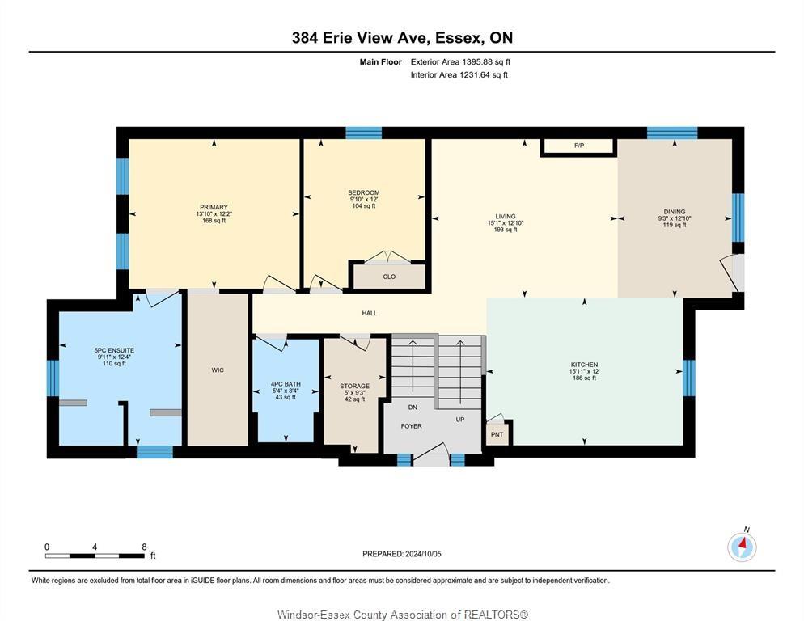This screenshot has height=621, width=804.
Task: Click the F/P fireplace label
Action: tap(579, 146)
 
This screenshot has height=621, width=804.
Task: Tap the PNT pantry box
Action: tap(497, 434)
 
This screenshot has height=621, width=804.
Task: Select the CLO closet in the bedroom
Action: tap(389, 277)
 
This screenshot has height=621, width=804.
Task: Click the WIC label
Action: tap(218, 370)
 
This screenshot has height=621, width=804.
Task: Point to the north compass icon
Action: tap(742, 547)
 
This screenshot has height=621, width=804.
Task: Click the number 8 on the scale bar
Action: tap(145, 547)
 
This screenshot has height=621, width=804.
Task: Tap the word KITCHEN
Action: tap(584, 365)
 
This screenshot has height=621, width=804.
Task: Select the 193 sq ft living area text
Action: tap(505, 230)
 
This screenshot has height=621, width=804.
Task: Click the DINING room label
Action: tap(675, 211)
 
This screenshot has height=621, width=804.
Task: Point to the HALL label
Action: tap(369, 313)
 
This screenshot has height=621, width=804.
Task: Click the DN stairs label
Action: tap(413, 408)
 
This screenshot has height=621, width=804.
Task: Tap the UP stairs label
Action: tap(460, 419)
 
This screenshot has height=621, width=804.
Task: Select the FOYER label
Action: tap(411, 425)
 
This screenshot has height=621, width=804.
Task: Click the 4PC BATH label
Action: tap(286, 384)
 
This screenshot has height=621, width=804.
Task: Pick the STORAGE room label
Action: tap(354, 386)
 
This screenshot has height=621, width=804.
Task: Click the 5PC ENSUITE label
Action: tap(114, 350)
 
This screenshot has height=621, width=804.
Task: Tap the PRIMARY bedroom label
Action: tap(214, 207)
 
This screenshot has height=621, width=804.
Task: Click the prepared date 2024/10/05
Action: tap(423, 554)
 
